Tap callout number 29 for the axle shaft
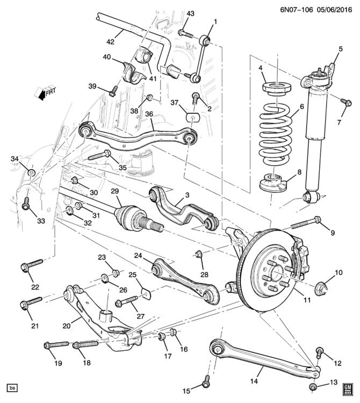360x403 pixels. point(114,192)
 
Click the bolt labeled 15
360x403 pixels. point(205,383)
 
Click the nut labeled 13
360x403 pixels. point(313,387)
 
